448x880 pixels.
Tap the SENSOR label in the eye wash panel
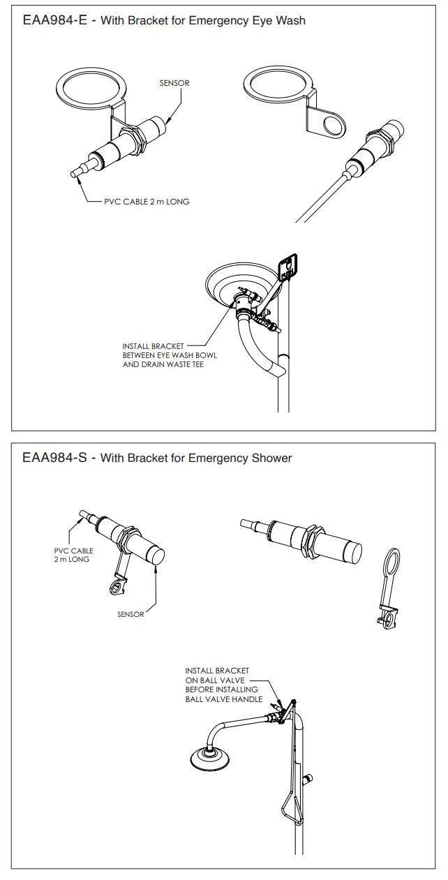coord(174,83)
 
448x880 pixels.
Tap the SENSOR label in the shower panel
coord(131,614)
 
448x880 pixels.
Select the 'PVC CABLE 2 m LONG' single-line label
coord(147,202)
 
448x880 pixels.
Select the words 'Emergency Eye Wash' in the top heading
coord(252,20)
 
